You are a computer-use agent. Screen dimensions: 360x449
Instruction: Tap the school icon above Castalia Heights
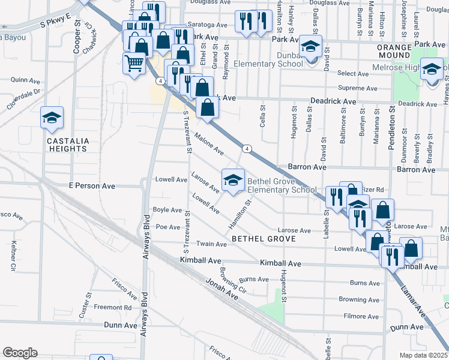(x=52, y=117)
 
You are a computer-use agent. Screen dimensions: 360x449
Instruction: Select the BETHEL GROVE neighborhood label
(x=264, y=239)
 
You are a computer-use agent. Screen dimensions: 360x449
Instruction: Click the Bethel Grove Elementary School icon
(x=233, y=179)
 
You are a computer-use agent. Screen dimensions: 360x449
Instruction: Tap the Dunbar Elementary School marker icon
(x=311, y=46)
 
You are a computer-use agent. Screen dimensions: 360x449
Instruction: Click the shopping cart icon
(x=134, y=62)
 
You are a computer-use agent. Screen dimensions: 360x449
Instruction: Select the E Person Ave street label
(x=92, y=186)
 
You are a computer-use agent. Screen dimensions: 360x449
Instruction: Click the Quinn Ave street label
(x=20, y=80)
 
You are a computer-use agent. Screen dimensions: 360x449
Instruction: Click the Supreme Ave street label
(x=357, y=88)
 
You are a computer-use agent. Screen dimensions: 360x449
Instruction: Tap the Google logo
(x=20, y=353)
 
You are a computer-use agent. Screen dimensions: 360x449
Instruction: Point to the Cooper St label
(x=77, y=39)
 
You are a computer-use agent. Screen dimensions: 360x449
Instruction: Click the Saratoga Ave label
(x=208, y=26)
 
